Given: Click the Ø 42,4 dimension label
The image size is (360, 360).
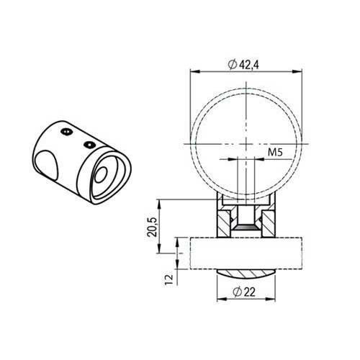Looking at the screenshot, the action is [x=243, y=65].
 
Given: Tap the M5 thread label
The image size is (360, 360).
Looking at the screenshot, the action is [x=275, y=152].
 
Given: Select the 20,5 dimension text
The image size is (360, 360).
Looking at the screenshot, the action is [x=152, y=227].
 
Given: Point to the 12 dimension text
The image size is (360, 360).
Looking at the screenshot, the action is [x=169, y=279].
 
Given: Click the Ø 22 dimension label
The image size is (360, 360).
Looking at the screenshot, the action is [x=244, y=292].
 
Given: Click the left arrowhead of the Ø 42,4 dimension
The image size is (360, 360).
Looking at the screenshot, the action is [x=195, y=71].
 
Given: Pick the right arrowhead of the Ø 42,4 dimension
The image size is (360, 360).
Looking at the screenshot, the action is [x=297, y=71].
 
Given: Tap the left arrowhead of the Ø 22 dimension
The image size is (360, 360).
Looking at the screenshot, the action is [x=222, y=299].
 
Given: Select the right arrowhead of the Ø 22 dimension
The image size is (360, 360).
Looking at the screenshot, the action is [x=271, y=299].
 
